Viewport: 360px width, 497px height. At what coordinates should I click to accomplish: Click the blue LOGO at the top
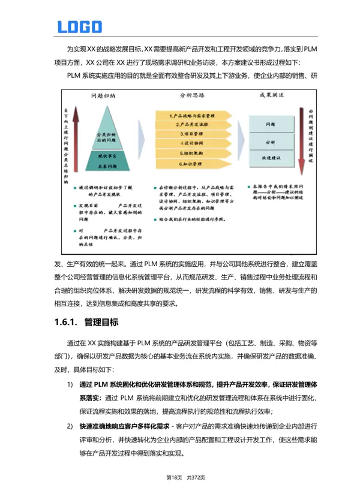pyautogui.click(x=79, y=26)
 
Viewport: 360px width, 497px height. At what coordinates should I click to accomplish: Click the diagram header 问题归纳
pyautogui.click(x=104, y=96)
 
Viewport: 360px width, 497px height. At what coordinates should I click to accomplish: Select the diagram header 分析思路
pyautogui.click(x=191, y=96)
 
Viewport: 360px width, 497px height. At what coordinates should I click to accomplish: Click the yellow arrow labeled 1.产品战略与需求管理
pyautogui.click(x=191, y=115)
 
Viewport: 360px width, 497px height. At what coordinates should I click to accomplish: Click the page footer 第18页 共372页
pyautogui.click(x=180, y=477)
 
